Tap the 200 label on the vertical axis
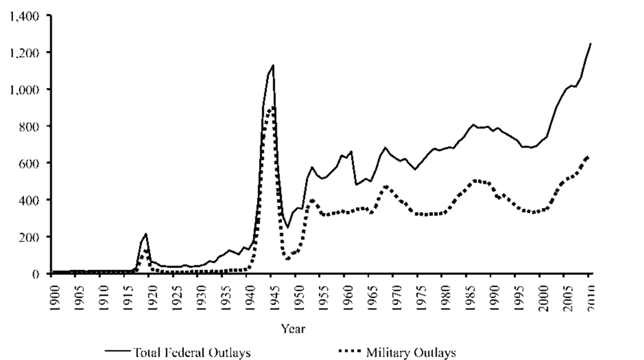click(30, 237)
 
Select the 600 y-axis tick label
click(30, 163)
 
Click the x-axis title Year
click(293, 328)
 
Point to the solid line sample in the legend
click(117, 352)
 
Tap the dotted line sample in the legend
click(351, 352)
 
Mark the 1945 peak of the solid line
click(273, 65)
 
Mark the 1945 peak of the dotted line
click(273, 107)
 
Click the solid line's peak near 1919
click(145, 233)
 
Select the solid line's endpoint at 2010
click(590, 44)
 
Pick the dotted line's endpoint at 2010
click(589, 156)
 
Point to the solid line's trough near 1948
click(288, 227)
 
